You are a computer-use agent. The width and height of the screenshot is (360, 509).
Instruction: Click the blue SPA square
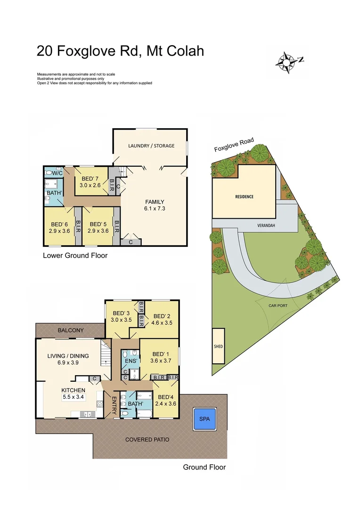[204, 419]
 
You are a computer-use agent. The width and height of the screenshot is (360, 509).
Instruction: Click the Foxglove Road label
[234, 145]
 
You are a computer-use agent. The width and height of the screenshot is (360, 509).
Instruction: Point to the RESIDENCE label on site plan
[244, 197]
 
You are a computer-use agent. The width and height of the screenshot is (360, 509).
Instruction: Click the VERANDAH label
[265, 225]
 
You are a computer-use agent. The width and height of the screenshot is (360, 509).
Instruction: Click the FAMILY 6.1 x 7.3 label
[154, 205]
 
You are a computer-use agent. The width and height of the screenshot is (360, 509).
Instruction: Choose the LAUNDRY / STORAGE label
[151, 146]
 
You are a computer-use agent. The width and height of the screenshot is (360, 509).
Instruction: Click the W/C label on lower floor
[57, 173]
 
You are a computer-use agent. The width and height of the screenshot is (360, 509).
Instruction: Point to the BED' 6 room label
[59, 227]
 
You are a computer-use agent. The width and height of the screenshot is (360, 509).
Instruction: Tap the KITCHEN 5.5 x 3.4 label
[73, 394]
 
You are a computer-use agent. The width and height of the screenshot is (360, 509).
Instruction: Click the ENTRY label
[114, 404]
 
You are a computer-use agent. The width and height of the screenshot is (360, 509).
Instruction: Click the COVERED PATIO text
[147, 439]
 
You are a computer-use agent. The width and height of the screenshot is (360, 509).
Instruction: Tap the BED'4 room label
[166, 400]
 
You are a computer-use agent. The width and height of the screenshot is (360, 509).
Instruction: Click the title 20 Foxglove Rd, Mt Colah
[120, 50]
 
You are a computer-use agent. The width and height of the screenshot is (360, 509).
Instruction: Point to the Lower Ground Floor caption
[75, 256]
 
